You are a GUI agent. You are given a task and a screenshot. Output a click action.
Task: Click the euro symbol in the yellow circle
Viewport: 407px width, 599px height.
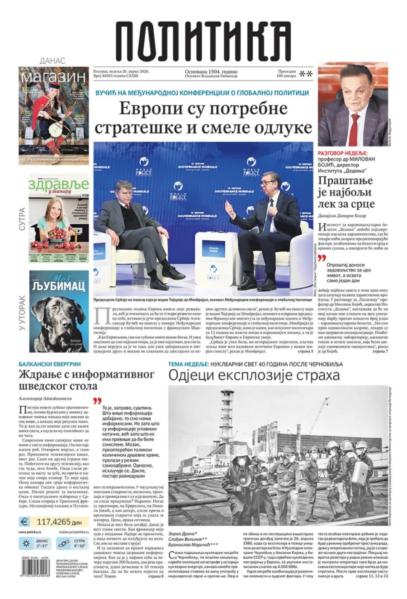(x=25, y=521)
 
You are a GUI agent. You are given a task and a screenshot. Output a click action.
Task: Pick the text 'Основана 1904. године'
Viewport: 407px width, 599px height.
(x=211, y=72)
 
